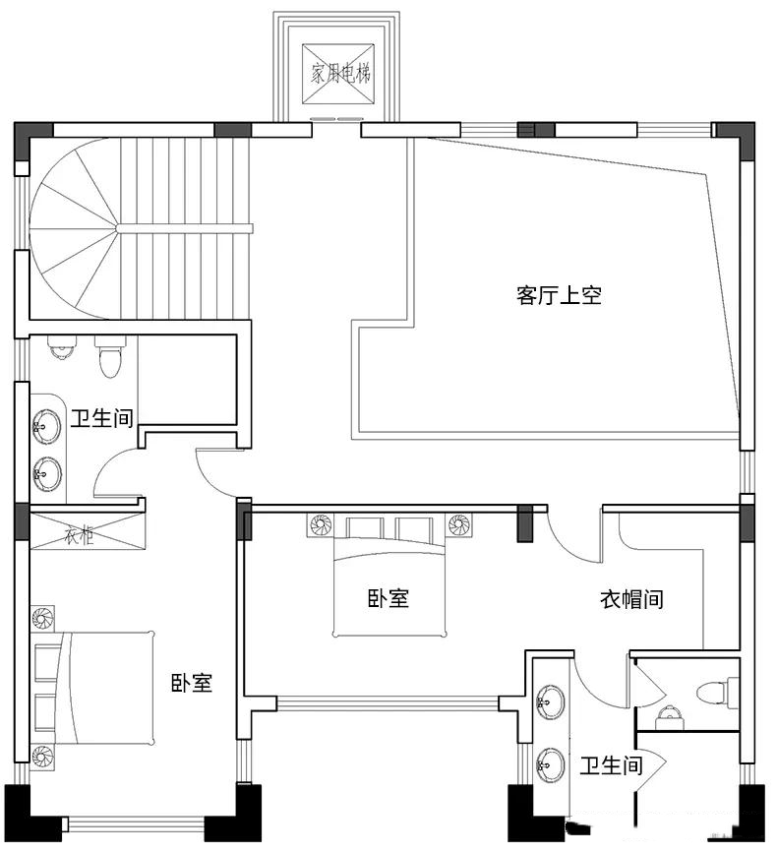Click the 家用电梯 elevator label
pos(340,73)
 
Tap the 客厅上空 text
pos(559,295)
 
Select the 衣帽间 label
pos(631,599)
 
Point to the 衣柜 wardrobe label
pos(80,536)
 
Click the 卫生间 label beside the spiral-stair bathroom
pos(101,418)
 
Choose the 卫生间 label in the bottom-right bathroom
pos(611,766)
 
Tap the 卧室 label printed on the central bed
pos(388,598)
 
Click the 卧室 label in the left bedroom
pos(192,683)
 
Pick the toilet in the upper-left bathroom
pos(110,357)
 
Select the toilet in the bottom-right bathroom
pos(718,693)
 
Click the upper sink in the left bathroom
pos(47,426)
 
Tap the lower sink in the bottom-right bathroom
pos(550,763)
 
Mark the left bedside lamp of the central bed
pos(321,525)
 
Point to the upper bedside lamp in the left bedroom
pos(42,619)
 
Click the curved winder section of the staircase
pos(73,228)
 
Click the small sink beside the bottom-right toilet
pos(668,716)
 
